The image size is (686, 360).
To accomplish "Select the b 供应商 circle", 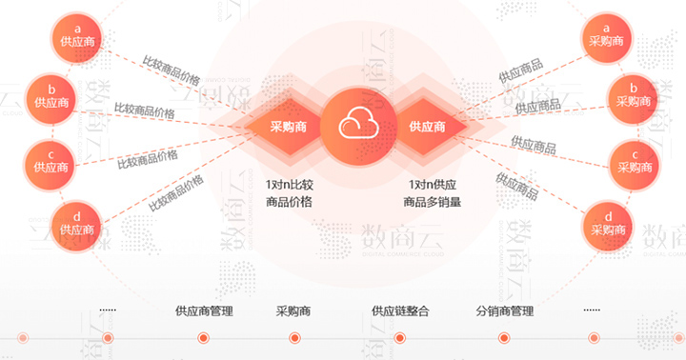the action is (50, 95).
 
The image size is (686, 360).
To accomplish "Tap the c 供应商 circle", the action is (50, 160).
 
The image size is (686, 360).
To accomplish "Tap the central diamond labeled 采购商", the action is (288, 126).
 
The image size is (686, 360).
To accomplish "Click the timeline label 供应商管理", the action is (204, 310).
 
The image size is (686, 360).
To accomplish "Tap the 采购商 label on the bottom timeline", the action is (294, 310).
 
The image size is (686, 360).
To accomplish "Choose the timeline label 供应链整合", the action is (400, 310).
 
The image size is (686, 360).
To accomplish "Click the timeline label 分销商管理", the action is (504, 310).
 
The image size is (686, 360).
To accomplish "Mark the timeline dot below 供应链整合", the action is (399, 338).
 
